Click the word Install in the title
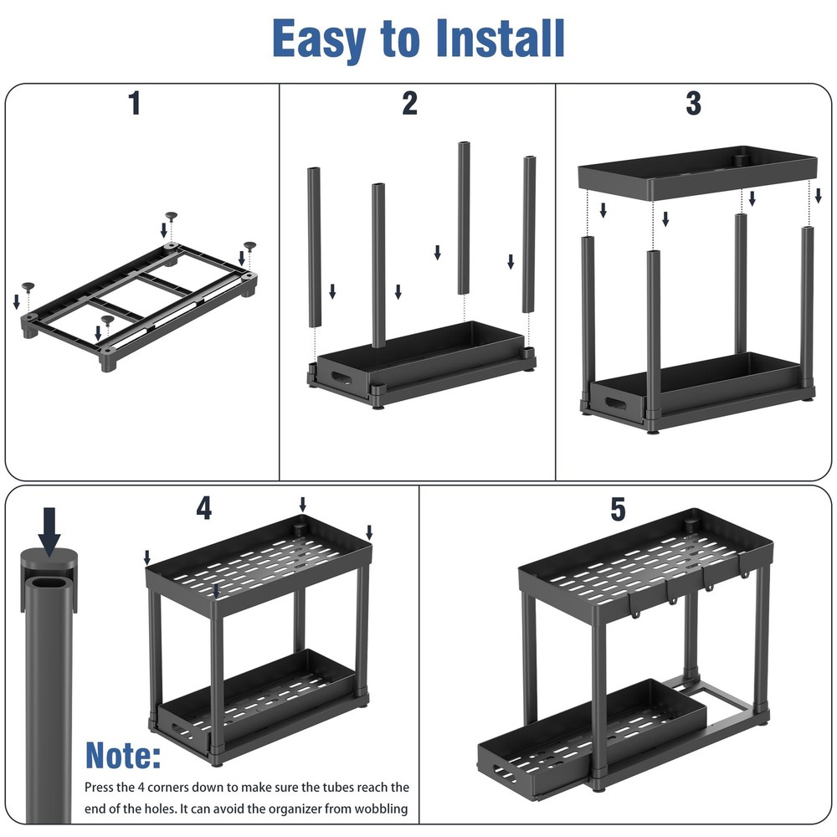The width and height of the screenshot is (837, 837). point(483,39)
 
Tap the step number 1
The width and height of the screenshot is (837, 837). point(134,104)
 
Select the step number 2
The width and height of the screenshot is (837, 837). point(409,104)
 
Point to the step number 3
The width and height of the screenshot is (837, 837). point(693,104)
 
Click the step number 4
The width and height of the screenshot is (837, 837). point(204,508)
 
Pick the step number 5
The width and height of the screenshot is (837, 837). point(618,508)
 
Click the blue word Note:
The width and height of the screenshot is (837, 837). point(123,756)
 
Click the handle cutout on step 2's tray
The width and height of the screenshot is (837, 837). point(343,379)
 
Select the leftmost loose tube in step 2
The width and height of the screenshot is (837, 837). point(315,246)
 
